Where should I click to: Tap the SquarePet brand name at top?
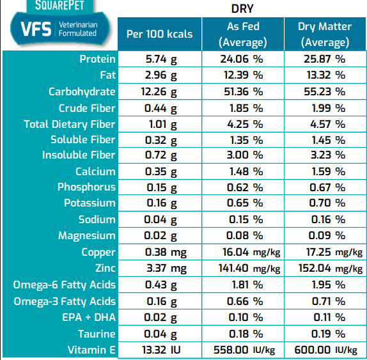click(57, 7)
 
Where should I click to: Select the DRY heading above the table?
click(242, 10)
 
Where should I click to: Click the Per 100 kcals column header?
click(159, 35)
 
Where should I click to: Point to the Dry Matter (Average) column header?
click(325, 35)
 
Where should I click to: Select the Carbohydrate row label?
click(82, 91)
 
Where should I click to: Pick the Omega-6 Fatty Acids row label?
click(65, 285)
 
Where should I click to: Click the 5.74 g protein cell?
click(159, 59)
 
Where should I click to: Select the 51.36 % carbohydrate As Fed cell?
click(242, 91)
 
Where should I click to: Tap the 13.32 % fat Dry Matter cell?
click(325, 75)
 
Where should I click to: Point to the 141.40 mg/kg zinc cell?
click(242, 269)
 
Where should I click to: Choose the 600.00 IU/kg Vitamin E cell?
click(325, 350)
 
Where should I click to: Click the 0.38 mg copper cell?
click(159, 253)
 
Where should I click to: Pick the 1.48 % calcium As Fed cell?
click(242, 171)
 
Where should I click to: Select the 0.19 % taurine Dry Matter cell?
click(325, 334)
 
